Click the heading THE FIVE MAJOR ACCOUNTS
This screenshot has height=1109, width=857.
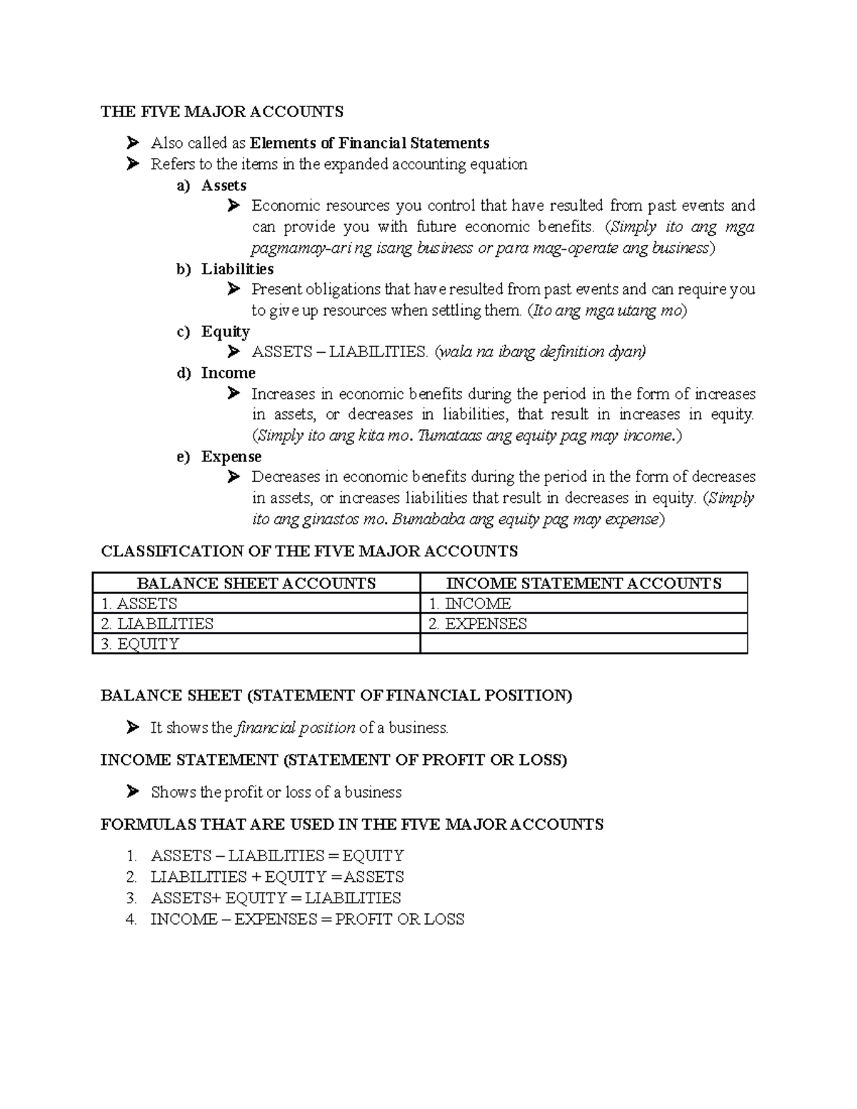[x=222, y=111]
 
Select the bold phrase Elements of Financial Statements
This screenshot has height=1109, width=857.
[x=369, y=144]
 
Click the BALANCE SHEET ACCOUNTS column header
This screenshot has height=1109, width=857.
[x=256, y=583]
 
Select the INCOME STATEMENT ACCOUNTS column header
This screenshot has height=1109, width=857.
[x=583, y=583]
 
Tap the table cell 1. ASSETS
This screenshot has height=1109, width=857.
[x=139, y=604]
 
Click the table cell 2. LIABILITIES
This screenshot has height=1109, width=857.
[x=157, y=624]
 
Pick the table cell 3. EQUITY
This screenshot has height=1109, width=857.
[x=140, y=644]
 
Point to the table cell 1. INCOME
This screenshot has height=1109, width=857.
[x=470, y=604]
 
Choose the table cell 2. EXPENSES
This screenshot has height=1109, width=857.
[x=478, y=624]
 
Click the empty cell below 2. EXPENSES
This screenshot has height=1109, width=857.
[x=583, y=644]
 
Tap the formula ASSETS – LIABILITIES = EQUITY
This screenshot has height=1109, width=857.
[x=277, y=856]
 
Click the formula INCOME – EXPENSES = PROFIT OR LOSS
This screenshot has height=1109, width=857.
[x=307, y=920]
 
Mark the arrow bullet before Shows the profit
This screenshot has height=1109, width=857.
[x=132, y=792]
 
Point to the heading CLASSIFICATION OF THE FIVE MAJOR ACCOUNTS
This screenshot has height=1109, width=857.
[x=309, y=551]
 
